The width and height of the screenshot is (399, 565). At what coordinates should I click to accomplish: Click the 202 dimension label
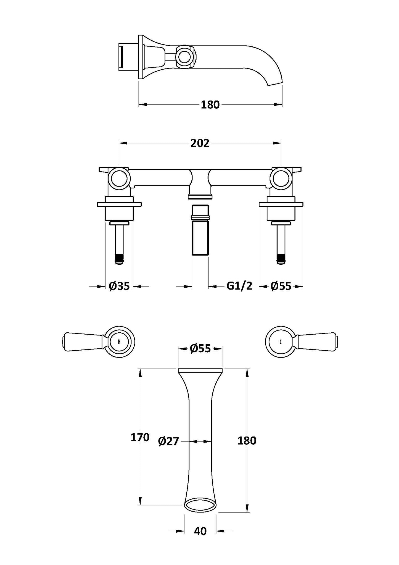[x=200, y=143]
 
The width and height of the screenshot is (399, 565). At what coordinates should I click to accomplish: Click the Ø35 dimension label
[x=119, y=286]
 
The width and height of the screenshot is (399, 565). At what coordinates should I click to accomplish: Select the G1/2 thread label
[x=239, y=286]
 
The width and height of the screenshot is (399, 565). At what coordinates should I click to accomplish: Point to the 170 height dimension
[x=140, y=437]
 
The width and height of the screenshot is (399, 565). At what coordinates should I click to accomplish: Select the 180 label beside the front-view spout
[x=247, y=441]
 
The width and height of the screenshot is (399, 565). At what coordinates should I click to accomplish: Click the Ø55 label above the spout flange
[x=200, y=349]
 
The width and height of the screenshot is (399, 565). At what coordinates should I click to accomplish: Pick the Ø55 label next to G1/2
[x=281, y=286]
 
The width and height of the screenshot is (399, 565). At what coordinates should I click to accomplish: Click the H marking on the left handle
[x=119, y=342]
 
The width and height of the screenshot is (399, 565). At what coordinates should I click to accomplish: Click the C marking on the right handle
[x=281, y=342]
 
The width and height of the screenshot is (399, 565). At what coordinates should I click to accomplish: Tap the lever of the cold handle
[x=318, y=342]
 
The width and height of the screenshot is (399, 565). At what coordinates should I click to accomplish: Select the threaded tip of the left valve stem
[x=119, y=259]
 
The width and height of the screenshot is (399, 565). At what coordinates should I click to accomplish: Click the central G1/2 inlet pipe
[x=200, y=238]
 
